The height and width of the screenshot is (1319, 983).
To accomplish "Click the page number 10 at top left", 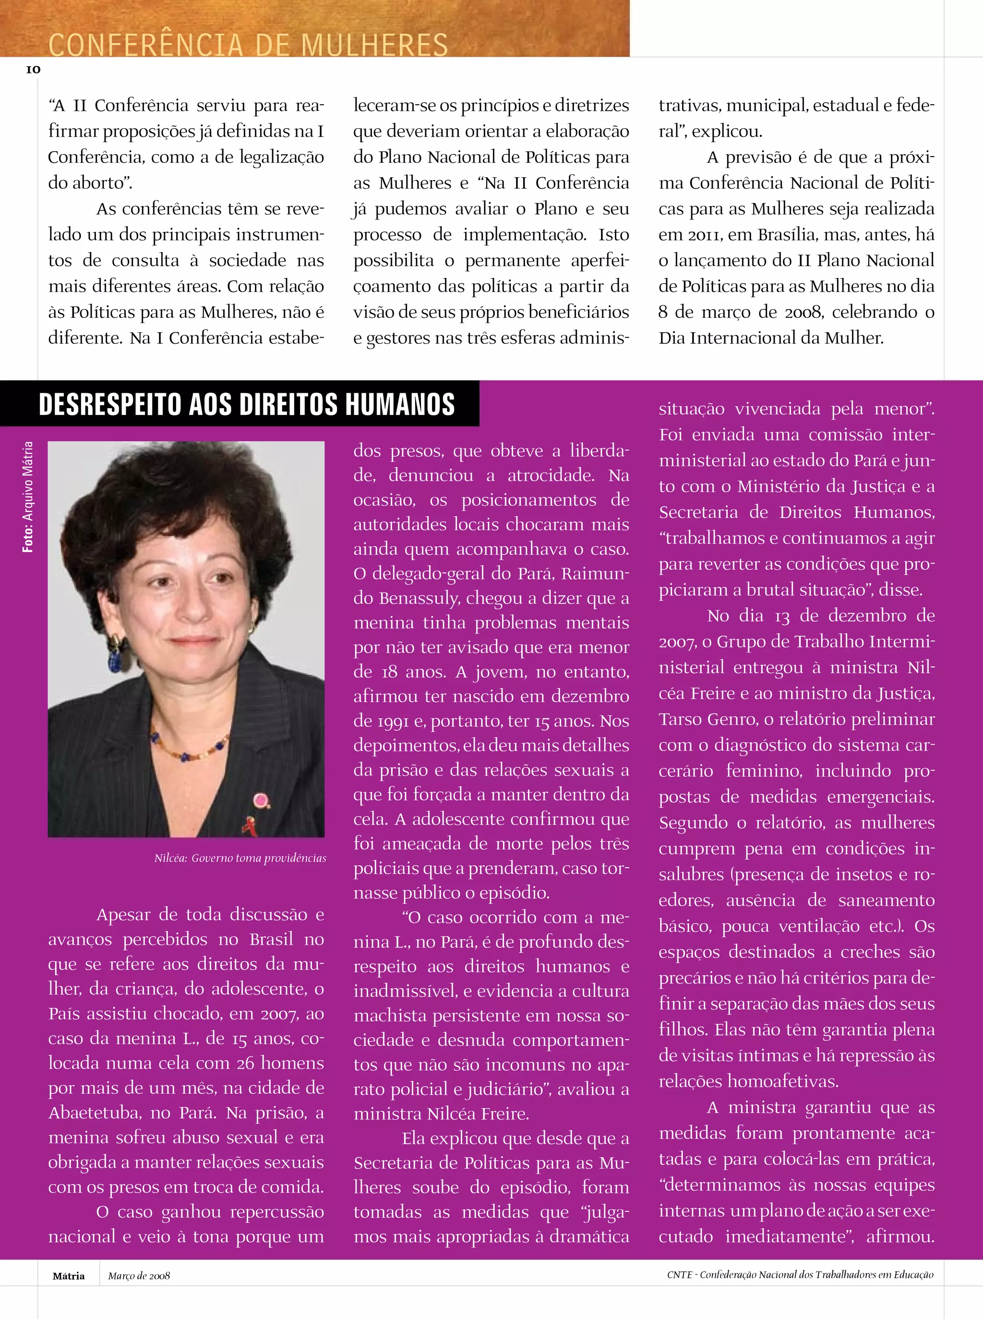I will [x=33, y=70].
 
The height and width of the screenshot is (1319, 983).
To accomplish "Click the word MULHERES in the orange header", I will [x=374, y=45].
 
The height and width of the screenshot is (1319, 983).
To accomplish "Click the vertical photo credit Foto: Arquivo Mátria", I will [x=27, y=496].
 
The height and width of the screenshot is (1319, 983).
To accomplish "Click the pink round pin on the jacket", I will [x=261, y=800].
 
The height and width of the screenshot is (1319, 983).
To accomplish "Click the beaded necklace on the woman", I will [x=189, y=751].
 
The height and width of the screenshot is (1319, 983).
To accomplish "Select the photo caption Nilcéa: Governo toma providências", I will [x=240, y=858].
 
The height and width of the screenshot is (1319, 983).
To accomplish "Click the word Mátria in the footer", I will [x=69, y=1276].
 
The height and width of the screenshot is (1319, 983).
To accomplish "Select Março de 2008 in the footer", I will [x=139, y=1276].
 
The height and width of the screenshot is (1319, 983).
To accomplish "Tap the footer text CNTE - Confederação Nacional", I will [x=799, y=1275].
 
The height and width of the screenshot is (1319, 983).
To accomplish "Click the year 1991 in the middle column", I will [x=393, y=721].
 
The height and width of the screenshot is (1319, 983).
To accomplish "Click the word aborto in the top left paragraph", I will [x=99, y=183].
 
